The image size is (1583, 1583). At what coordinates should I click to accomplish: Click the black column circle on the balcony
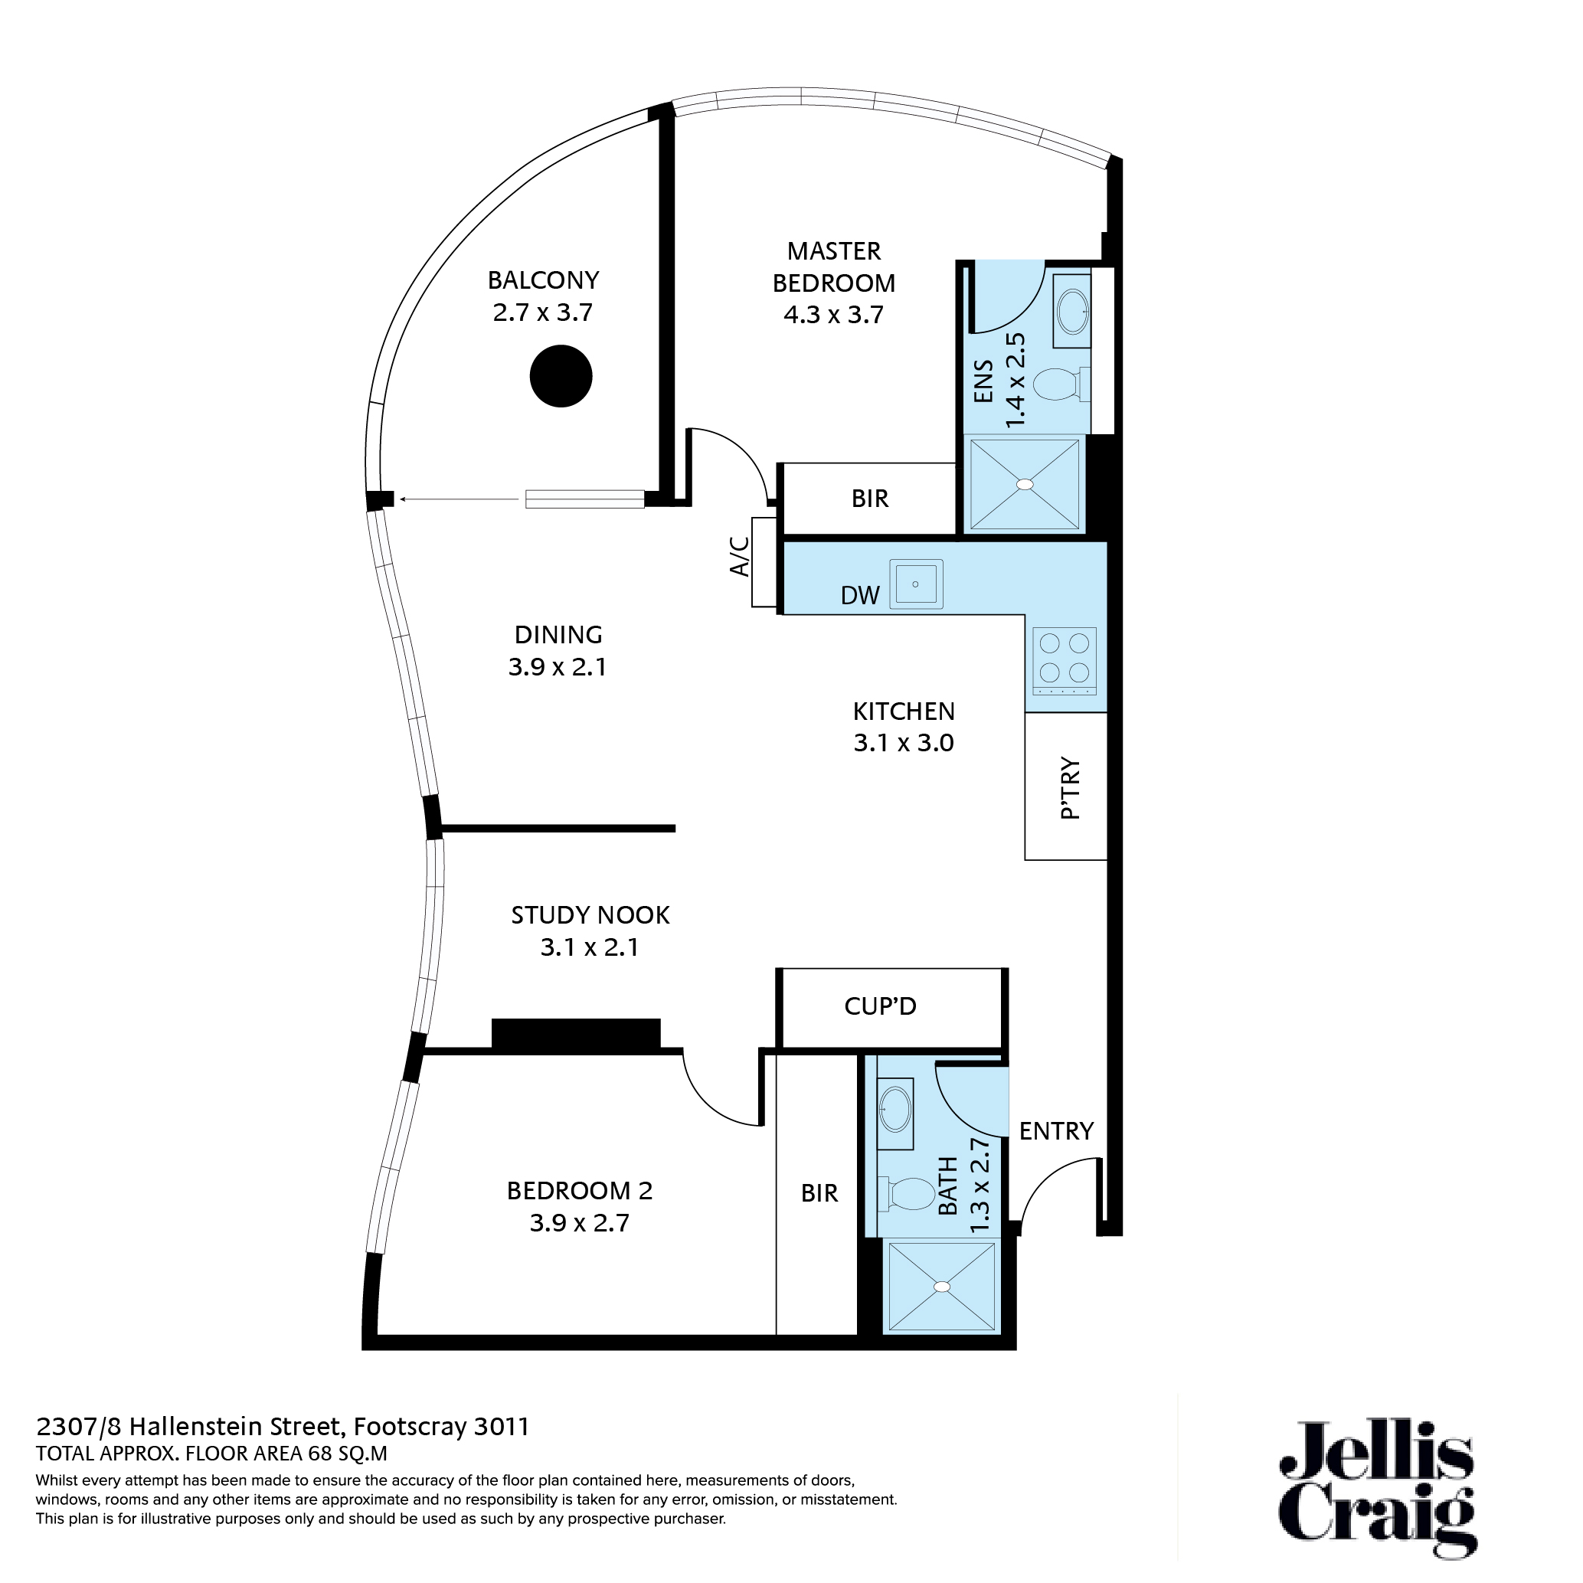point(561,376)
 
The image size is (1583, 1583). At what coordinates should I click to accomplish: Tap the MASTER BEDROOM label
point(833,267)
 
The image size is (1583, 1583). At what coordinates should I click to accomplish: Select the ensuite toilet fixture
point(1059,384)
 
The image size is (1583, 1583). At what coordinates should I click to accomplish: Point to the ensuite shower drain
point(1024,484)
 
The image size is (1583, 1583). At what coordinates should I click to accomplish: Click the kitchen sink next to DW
point(915,584)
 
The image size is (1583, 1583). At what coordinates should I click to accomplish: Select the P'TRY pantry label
point(1070,788)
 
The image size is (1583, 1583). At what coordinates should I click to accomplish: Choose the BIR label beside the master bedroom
point(869,498)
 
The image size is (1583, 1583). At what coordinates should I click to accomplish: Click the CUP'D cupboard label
point(880,1006)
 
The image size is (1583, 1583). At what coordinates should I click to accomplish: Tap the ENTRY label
point(1056,1130)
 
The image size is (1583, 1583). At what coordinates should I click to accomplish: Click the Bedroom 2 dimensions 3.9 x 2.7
point(579,1222)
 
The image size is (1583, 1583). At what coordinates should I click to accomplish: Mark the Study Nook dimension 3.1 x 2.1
point(589,947)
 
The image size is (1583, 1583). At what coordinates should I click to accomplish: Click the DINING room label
point(558,634)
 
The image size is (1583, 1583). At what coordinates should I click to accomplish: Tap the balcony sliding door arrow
point(459,499)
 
